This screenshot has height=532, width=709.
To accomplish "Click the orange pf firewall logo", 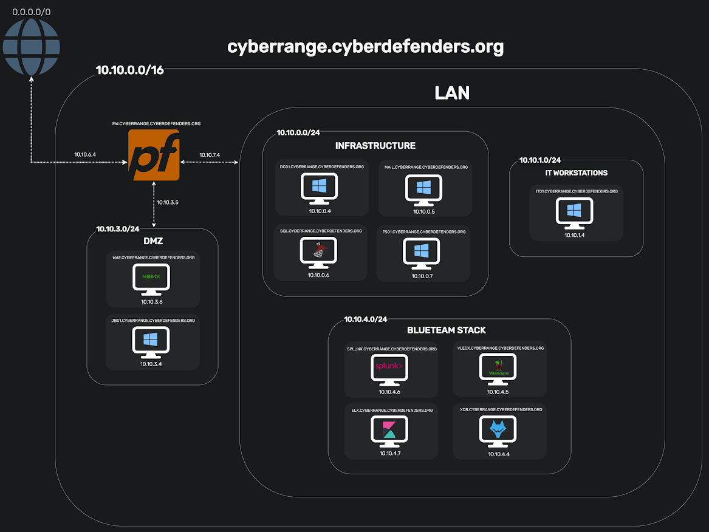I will [154, 155].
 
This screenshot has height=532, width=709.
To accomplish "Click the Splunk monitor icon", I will [389, 368].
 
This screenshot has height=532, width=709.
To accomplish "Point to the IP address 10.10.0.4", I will [320, 211].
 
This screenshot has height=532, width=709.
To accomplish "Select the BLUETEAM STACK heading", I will [446, 330].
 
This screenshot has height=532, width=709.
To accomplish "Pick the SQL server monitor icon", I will [319, 252].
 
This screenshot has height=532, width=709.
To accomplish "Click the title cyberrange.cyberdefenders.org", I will [365, 47].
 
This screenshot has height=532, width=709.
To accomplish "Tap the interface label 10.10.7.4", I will [210, 156].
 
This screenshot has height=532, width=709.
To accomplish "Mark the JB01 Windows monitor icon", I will [151, 341].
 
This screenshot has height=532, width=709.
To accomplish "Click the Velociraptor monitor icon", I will [498, 368].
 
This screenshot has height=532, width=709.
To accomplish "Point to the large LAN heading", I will [452, 93].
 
